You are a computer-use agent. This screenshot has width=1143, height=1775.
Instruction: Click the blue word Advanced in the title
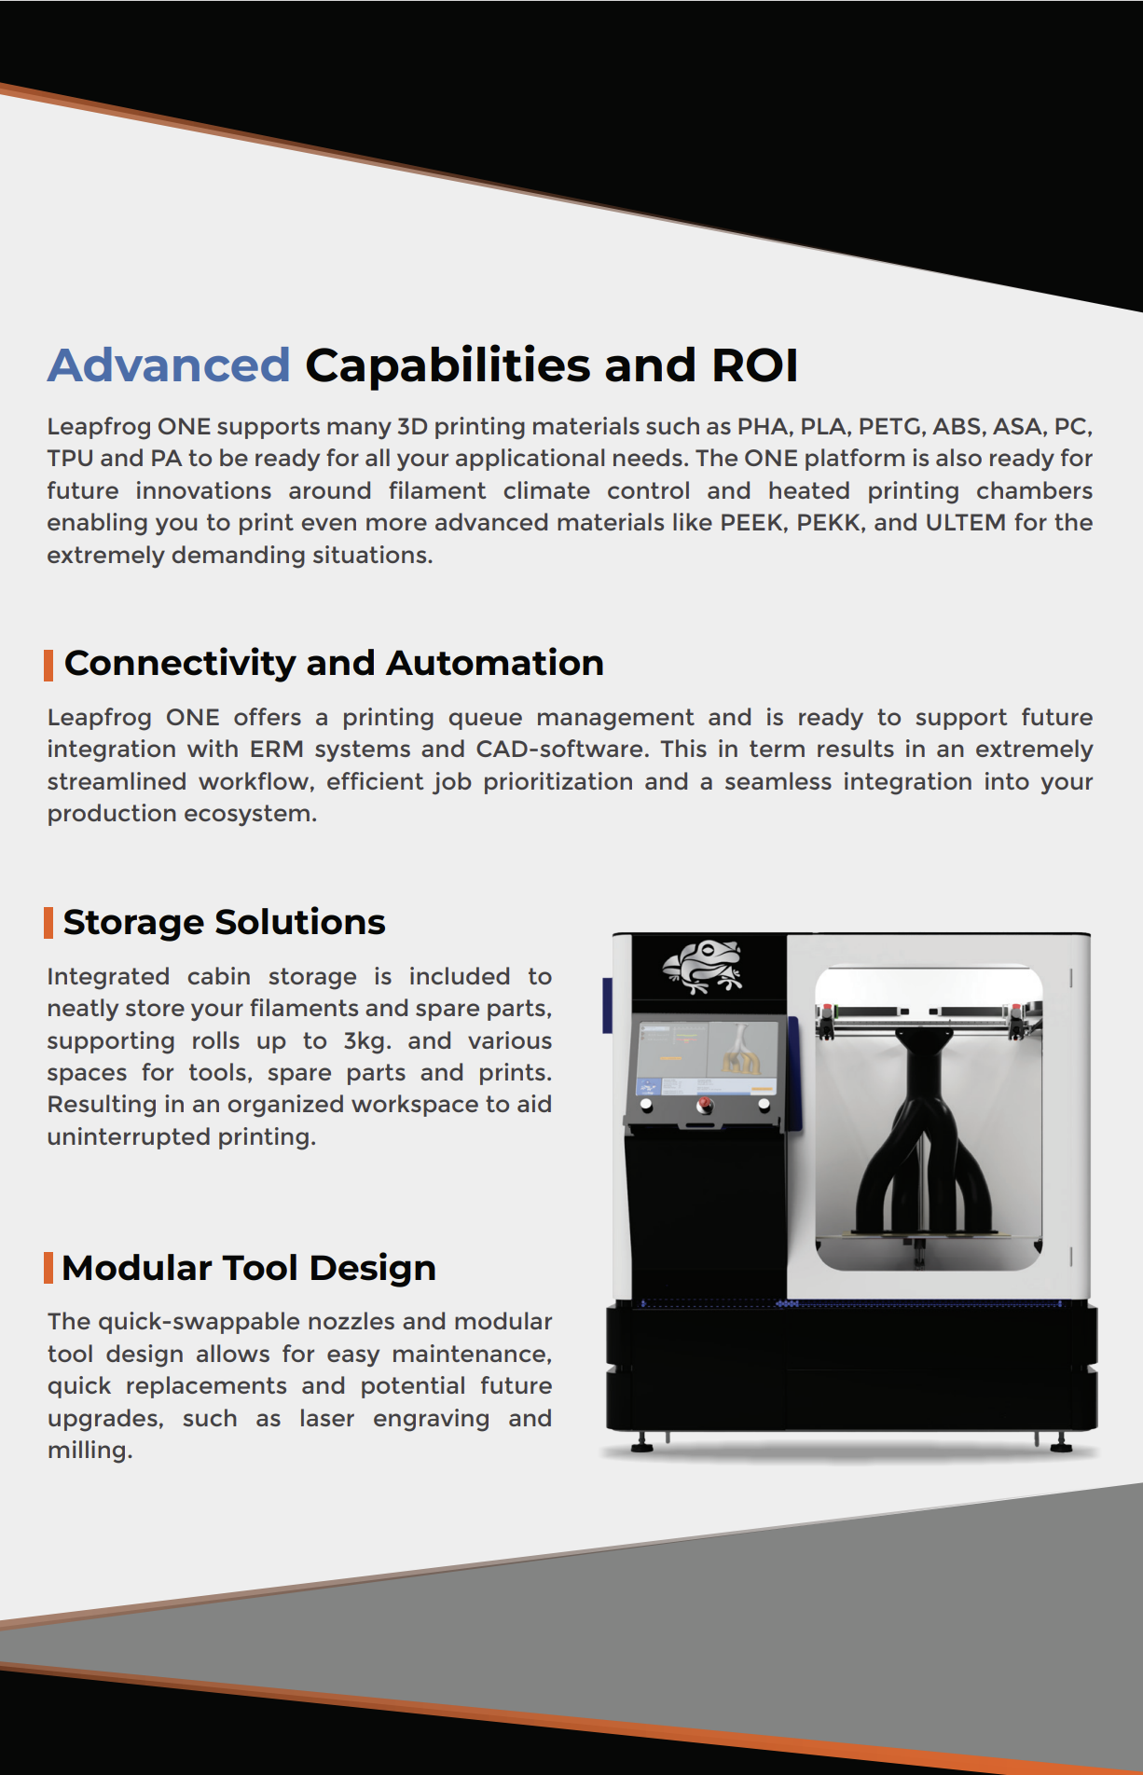(x=169, y=365)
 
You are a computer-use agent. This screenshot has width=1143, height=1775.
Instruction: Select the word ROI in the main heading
(x=754, y=365)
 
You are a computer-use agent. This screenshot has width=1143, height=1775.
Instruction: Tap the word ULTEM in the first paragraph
(x=965, y=523)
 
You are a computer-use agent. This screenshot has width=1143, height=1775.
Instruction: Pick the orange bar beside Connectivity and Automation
(x=48, y=665)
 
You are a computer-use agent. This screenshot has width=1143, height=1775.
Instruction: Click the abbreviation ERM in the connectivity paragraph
(x=276, y=750)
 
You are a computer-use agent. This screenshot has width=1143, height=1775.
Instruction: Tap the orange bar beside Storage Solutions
(x=48, y=923)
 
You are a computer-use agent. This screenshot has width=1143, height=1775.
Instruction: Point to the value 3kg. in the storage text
(x=366, y=1040)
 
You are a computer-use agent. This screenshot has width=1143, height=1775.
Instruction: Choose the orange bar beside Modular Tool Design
(x=48, y=1268)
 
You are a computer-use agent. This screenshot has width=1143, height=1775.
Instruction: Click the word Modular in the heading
(x=136, y=1269)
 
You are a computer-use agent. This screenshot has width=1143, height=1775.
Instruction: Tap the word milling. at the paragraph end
(x=90, y=1451)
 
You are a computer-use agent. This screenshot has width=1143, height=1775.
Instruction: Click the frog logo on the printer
(x=703, y=966)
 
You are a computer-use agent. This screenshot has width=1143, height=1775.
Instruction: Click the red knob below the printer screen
(x=705, y=1106)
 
